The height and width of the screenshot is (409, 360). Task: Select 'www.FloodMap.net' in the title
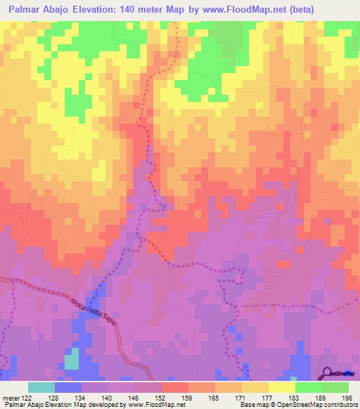[x=231, y=9]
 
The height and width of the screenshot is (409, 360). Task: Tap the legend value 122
[x=27, y=398]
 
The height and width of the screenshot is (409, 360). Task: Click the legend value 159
[x=188, y=398]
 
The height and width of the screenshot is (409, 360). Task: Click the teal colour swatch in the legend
[x=41, y=387]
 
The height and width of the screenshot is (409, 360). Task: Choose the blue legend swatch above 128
[x=68, y=387]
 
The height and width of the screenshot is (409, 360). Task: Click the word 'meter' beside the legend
[x=11, y=398]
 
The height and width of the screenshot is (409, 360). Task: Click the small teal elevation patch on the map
[x=72, y=361]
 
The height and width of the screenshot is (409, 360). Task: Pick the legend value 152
[x=162, y=398]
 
